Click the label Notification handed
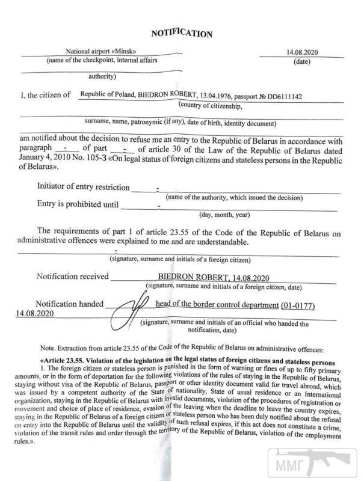pyautogui.click(x=70, y=304)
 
